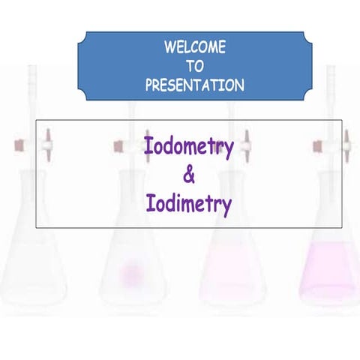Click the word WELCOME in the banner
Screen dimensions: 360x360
pos(194,48)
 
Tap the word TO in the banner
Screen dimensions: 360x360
pos(194,67)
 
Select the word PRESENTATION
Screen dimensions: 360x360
pos(194,85)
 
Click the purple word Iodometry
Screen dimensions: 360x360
pos(188,145)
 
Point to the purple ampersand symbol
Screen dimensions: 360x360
pos(188,175)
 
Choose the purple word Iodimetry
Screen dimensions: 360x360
pos(188,204)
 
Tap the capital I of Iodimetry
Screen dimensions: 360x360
pos(149,203)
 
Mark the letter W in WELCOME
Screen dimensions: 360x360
pos(169,48)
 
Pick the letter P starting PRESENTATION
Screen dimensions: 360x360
pos(148,85)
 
